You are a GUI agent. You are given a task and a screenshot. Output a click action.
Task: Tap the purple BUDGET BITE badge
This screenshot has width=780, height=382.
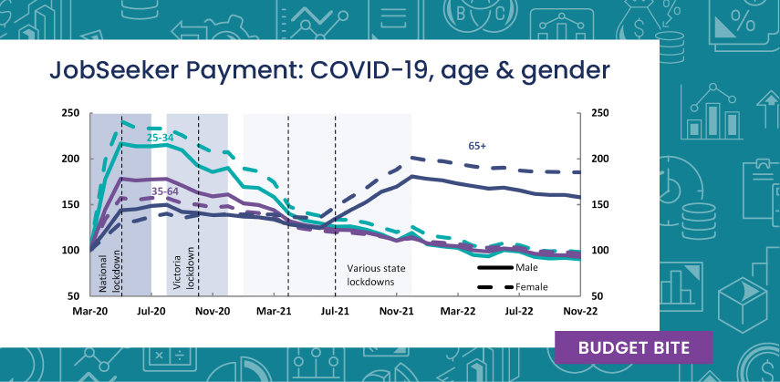click(x=633, y=347)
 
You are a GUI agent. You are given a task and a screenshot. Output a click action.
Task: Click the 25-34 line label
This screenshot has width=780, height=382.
click(x=161, y=138)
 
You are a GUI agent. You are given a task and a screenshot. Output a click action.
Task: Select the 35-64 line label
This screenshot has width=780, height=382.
click(x=165, y=191)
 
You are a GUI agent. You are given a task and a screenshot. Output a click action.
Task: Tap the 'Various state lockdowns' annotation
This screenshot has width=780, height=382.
click(x=375, y=275)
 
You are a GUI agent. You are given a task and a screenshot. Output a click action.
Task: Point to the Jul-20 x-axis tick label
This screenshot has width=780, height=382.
click(x=151, y=311)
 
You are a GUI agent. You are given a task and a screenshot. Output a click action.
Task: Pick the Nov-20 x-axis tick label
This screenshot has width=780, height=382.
click(x=213, y=311)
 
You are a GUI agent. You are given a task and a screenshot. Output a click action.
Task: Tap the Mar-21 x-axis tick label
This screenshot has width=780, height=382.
click(x=274, y=311)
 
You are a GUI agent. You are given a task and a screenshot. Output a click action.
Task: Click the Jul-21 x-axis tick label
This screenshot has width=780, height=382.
click(x=336, y=311)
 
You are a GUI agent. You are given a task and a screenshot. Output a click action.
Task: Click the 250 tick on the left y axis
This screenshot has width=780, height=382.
click(x=70, y=114)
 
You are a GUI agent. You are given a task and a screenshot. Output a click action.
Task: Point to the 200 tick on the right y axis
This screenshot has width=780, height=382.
click(x=599, y=160)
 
